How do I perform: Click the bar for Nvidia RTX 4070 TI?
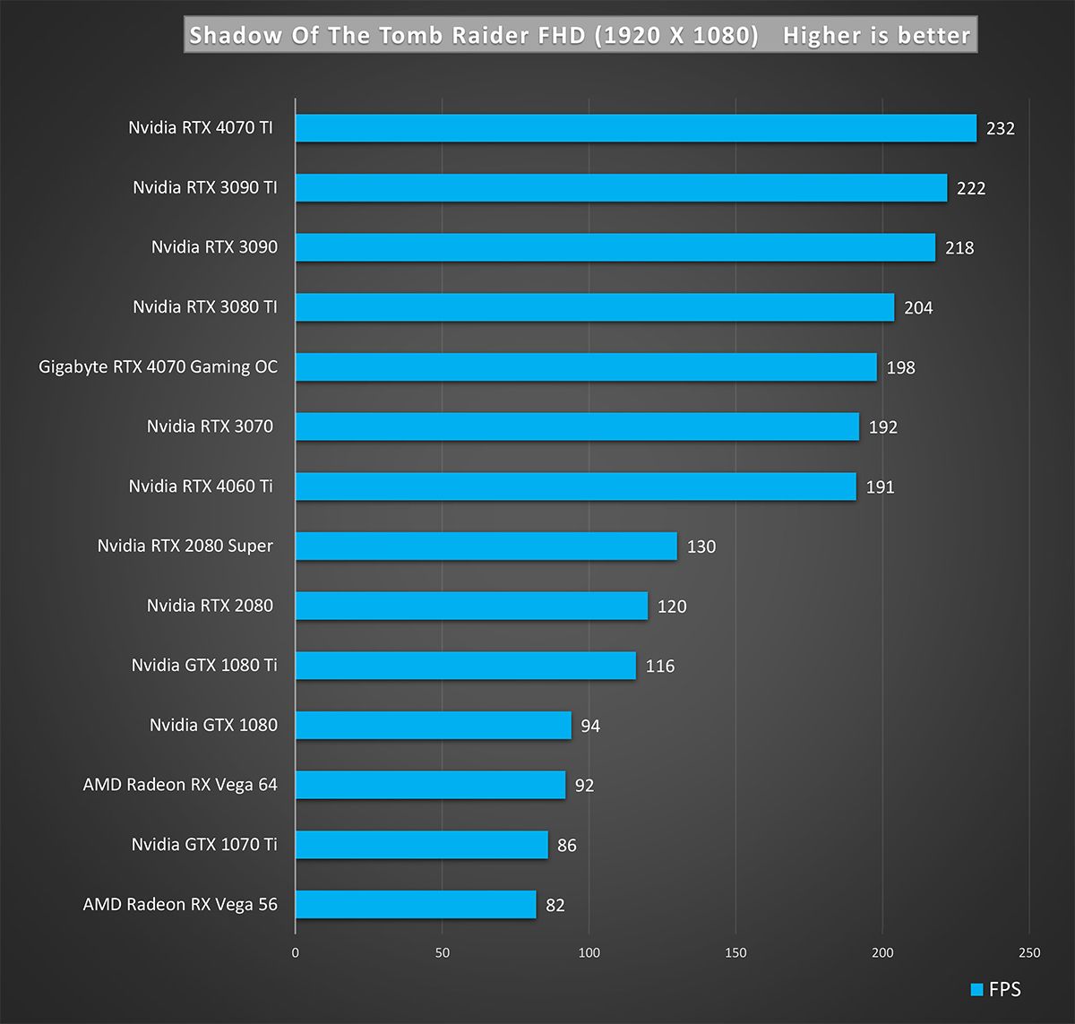(635, 128)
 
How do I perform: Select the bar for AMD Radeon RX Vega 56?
(416, 905)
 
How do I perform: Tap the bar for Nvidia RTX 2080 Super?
(486, 546)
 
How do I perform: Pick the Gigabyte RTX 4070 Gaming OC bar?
(586, 367)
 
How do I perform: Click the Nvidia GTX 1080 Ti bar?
(465, 666)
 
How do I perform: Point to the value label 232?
(1000, 129)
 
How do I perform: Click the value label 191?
(880, 487)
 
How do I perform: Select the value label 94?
(590, 726)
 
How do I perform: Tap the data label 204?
(918, 308)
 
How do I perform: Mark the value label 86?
(566, 846)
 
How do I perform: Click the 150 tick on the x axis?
(735, 952)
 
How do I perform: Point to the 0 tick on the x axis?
(296, 952)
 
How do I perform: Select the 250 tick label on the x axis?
(1029, 952)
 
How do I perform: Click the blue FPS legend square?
(976, 990)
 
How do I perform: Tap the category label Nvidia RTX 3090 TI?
(205, 187)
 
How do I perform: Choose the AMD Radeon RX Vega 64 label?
(180, 785)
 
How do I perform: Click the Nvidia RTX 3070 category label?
(210, 426)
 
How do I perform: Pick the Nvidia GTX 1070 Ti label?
(204, 844)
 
